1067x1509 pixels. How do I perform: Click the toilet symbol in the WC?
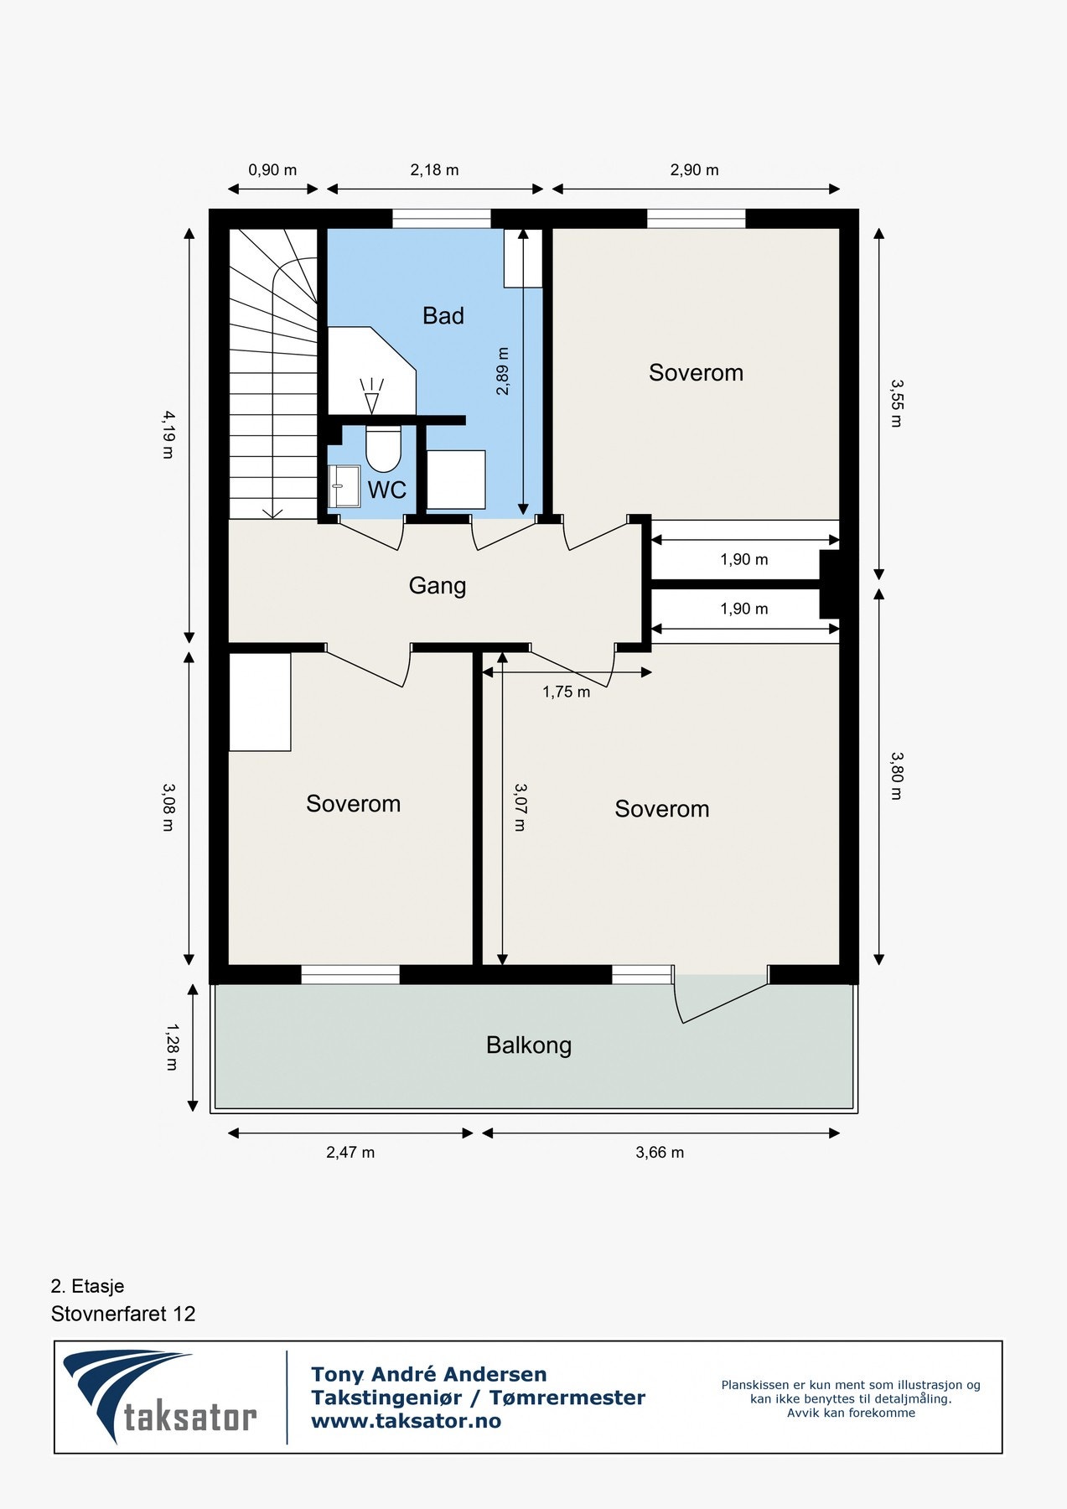pyautogui.click(x=384, y=449)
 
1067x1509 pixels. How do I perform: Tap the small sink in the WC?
pyautogui.click(x=344, y=486)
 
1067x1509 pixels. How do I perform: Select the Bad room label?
pyautogui.click(x=443, y=316)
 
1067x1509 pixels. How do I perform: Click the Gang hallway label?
pyautogui.click(x=437, y=585)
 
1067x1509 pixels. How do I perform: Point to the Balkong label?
pyautogui.click(x=528, y=1045)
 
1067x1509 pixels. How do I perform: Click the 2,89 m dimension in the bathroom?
pyautogui.click(x=502, y=371)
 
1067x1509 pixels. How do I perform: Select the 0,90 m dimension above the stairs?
pyautogui.click(x=272, y=170)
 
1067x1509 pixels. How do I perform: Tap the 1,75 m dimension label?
pyautogui.click(x=566, y=692)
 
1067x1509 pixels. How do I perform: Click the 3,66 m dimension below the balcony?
pyautogui.click(x=660, y=1153)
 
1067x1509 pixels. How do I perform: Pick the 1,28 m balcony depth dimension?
pyautogui.click(x=171, y=1046)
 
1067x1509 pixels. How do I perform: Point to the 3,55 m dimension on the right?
pyautogui.click(x=896, y=403)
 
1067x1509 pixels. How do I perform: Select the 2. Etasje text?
pyautogui.click(x=87, y=1286)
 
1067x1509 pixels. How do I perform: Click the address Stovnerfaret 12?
pyautogui.click(x=122, y=1314)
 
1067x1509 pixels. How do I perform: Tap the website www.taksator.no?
pyautogui.click(x=406, y=1421)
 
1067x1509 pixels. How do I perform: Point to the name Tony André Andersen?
pyautogui.click(x=428, y=1374)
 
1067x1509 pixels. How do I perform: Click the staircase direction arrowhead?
pyautogui.click(x=272, y=512)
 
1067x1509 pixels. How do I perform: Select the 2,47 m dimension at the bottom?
pyautogui.click(x=350, y=1153)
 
